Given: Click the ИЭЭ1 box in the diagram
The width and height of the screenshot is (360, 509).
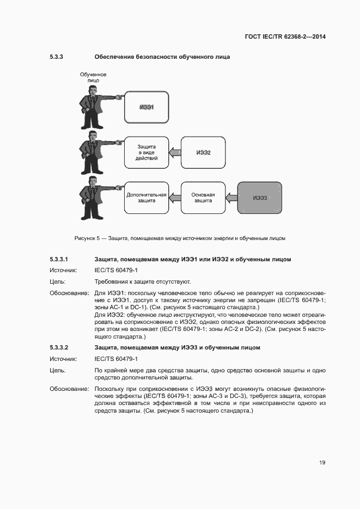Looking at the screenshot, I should (x=147, y=107).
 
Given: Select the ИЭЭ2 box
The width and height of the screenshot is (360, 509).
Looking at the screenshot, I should (x=203, y=152).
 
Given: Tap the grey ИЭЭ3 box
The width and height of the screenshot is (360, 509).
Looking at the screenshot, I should (x=260, y=198).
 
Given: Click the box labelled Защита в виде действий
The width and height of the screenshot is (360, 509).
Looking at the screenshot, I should (x=147, y=152).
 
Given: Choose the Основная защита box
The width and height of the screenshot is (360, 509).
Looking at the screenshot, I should (x=203, y=198).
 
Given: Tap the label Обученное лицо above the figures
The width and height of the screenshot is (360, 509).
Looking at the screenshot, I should (x=93, y=77).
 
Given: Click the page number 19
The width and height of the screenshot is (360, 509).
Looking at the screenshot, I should (x=322, y=463).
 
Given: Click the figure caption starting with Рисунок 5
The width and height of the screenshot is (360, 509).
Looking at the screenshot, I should (x=180, y=238).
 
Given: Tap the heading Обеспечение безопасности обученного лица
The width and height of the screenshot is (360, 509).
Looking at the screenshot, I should (x=162, y=57).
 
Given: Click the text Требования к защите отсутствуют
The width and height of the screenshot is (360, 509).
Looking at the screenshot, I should (x=143, y=282).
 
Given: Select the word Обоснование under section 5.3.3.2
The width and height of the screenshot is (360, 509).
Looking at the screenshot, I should (x=70, y=389).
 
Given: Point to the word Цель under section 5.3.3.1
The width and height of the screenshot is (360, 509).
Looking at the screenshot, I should (x=58, y=282).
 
